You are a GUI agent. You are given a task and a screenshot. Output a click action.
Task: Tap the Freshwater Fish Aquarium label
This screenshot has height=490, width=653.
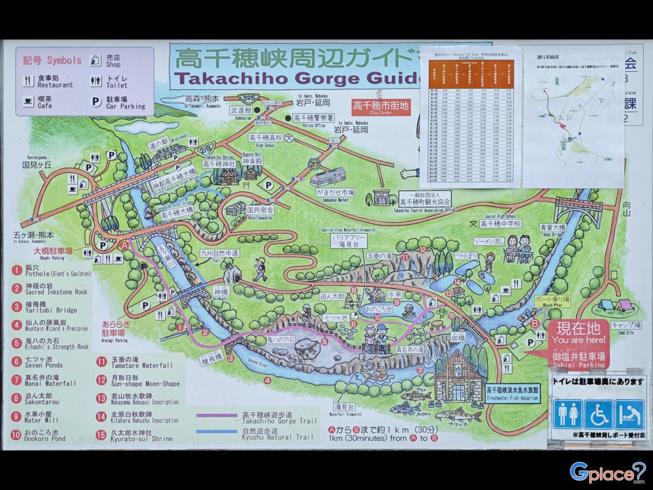pyautogui.click(x=512, y=393)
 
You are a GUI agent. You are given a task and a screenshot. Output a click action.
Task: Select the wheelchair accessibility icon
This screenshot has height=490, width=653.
pyautogui.click(x=598, y=414)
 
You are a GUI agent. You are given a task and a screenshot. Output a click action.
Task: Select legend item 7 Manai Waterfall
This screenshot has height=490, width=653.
pyautogui.click(x=43, y=380)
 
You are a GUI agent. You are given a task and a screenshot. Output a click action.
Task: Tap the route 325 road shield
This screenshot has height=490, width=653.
pyautogui.click(x=248, y=97)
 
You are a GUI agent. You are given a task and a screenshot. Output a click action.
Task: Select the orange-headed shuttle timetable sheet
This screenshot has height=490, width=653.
pyautogui.click(x=471, y=114)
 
